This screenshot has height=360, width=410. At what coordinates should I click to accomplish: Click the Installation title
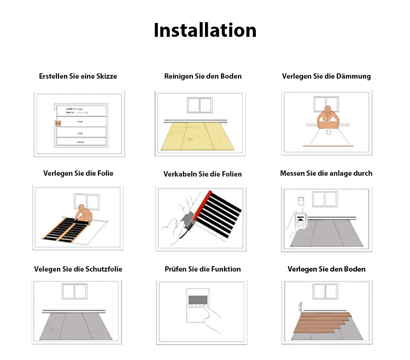[205, 31]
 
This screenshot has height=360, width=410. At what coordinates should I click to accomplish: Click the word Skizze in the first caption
[106, 76]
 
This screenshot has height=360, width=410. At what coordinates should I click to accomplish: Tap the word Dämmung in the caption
[355, 76]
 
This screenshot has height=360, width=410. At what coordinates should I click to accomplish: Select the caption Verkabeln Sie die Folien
[203, 174]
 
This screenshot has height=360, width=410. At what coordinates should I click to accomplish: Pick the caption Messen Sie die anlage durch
[326, 173]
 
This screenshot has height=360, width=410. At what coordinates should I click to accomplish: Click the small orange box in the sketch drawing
[58, 122]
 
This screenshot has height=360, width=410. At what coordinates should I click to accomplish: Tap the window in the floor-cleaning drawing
[200, 105]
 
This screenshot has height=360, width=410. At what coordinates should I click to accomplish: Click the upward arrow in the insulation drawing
[328, 132]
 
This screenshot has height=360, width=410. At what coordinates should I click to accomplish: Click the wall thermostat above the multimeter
[301, 202]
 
